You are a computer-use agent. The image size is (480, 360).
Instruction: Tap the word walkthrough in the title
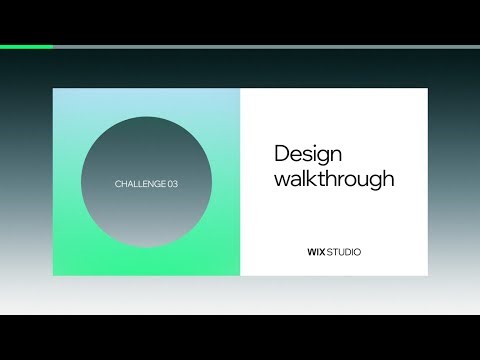click(x=334, y=180)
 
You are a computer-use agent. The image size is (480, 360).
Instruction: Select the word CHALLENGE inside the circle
click(x=140, y=184)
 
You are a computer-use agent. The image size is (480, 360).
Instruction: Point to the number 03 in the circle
click(x=173, y=184)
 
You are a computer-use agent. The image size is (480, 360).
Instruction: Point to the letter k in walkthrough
click(x=316, y=180)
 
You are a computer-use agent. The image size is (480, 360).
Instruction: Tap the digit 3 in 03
click(x=176, y=184)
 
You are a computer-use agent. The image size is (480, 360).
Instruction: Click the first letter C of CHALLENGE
click(x=119, y=184)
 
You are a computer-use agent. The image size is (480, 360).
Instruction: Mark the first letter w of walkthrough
click(x=282, y=181)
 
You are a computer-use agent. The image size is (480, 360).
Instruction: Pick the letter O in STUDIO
click(x=357, y=252)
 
